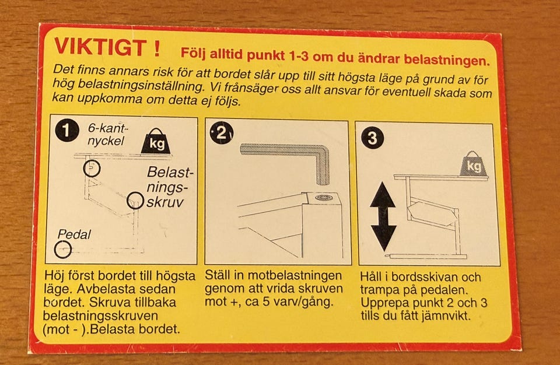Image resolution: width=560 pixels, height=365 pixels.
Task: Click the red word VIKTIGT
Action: click(100, 47)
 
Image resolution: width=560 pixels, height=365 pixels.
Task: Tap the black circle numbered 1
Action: click(66, 131)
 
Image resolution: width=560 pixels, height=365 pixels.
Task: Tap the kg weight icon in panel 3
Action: click(473, 164)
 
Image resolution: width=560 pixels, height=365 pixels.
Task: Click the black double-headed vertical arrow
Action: click(383, 216)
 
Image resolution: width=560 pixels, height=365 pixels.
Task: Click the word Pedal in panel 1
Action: click(74, 234)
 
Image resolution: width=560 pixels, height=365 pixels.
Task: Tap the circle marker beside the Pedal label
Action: click(63, 249)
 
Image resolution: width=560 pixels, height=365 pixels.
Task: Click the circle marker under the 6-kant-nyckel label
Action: click(92, 168)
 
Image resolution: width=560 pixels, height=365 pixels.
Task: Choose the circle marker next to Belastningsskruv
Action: click(135, 201)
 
